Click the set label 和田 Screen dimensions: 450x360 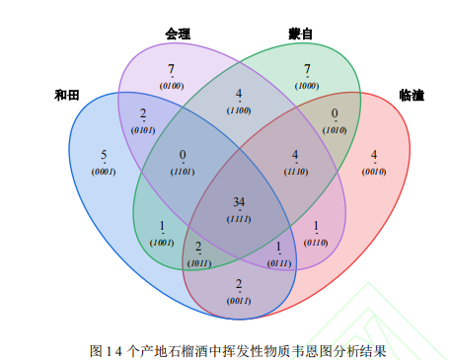pyautogui.click(x=66, y=96)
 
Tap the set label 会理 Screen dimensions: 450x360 pyautogui.click(x=178, y=34)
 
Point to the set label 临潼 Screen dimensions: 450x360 pyautogui.click(x=412, y=96)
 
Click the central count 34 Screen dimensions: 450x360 pyautogui.click(x=239, y=202)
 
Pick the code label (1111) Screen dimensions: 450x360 pyautogui.click(x=239, y=216)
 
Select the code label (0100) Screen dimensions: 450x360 pyautogui.click(x=172, y=86)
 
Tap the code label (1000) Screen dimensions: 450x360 pyautogui.click(x=308, y=86)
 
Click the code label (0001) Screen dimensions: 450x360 pyautogui.click(x=105, y=172)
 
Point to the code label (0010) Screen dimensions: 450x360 pyautogui.click(x=374, y=172)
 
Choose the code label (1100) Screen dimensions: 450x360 pyautogui.click(x=239, y=110)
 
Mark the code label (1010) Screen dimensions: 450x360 pyautogui.click(x=335, y=128)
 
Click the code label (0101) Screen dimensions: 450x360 pyautogui.click(x=143, y=129)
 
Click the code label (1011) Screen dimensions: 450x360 pyautogui.click(x=197, y=263)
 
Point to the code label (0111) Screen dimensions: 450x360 pyautogui.click(x=279, y=263)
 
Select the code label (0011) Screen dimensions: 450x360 pyautogui.click(x=239, y=301)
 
